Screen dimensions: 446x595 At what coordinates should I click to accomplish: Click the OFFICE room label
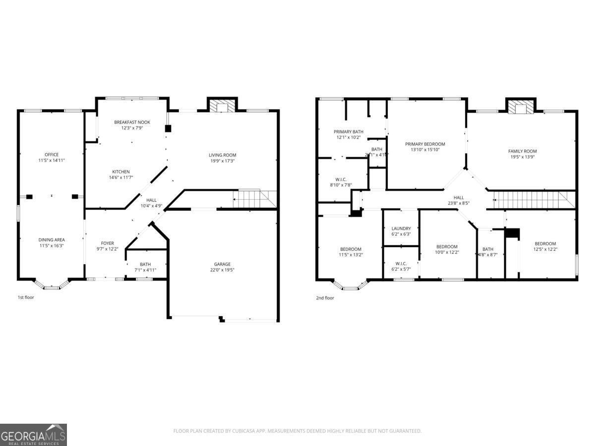pyautogui.click(x=52, y=154)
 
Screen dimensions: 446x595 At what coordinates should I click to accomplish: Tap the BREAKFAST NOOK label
pyautogui.click(x=132, y=122)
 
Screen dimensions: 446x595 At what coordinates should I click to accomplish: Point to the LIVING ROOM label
pyautogui.click(x=222, y=155)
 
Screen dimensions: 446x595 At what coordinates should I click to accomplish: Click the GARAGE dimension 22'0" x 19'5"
pyautogui.click(x=222, y=270)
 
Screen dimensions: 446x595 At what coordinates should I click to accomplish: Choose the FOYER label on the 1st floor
pyautogui.click(x=108, y=243)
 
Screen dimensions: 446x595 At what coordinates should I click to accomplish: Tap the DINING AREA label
pyautogui.click(x=52, y=240)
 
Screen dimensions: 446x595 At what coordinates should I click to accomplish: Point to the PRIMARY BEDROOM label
pyautogui.click(x=425, y=144)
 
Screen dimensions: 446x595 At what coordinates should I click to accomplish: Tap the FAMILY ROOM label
pyautogui.click(x=522, y=151)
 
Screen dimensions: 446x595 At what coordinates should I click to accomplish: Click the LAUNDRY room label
pyautogui.click(x=401, y=228)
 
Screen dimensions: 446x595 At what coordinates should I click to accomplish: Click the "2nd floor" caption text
pyautogui.click(x=325, y=298)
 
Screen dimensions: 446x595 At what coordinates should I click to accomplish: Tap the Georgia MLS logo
pyautogui.click(x=33, y=435)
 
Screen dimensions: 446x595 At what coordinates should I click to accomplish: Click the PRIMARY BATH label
pyautogui.click(x=349, y=131)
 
